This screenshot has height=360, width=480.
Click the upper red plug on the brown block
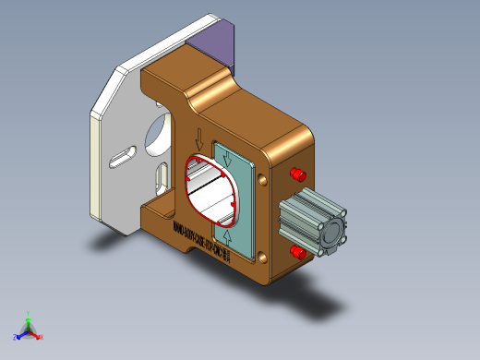(x=298, y=174)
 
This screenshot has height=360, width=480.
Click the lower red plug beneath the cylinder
(x=297, y=252)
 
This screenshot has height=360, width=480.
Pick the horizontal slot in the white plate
(x=121, y=158)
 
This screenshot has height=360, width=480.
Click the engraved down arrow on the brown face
(x=198, y=139)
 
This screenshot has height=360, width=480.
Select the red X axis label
(x=42, y=337)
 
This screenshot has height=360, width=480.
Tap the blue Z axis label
(x=17, y=336)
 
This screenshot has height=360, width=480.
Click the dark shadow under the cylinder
(x=323, y=301)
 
